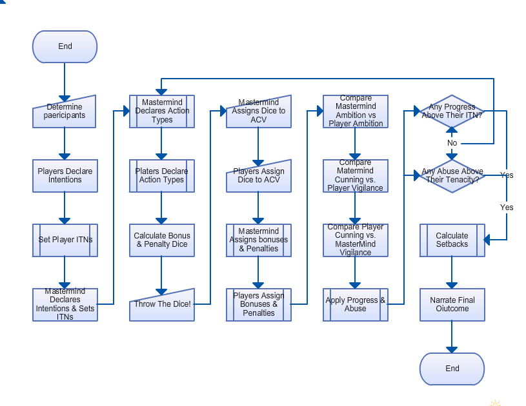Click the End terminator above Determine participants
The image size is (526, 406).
click(x=65, y=46)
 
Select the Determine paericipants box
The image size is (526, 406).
click(x=65, y=112)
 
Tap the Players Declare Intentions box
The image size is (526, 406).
click(x=65, y=176)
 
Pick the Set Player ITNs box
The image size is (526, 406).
click(x=65, y=240)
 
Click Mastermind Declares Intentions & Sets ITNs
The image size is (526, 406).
click(x=65, y=304)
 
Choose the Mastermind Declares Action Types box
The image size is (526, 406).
click(x=161, y=111)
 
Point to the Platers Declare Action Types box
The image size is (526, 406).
click(x=161, y=176)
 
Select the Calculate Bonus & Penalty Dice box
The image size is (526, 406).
click(x=161, y=240)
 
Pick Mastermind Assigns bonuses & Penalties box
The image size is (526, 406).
click(x=258, y=240)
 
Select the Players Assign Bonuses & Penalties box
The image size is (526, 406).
click(x=258, y=304)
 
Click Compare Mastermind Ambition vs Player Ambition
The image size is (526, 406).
click(x=355, y=111)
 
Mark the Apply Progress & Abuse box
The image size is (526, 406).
click(x=355, y=304)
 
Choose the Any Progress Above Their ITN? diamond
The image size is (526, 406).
click(x=452, y=111)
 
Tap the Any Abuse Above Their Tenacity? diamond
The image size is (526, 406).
click(x=452, y=175)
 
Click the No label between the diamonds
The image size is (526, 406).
click(x=452, y=143)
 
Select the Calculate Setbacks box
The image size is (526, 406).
click(x=452, y=240)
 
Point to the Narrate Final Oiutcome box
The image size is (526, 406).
click(x=452, y=304)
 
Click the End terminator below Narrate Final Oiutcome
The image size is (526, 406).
click(x=452, y=369)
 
